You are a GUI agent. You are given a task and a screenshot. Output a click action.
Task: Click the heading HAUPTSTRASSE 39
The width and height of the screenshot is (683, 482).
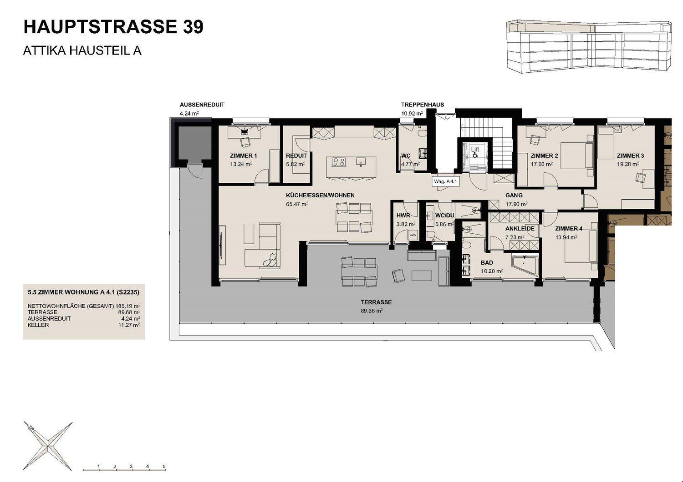pyautogui.click(x=113, y=27)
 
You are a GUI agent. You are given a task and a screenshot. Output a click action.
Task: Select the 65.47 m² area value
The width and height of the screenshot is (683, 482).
pyautogui.click(x=297, y=204)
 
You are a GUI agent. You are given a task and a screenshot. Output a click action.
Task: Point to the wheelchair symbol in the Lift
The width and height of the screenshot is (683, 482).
pyautogui.click(x=475, y=155)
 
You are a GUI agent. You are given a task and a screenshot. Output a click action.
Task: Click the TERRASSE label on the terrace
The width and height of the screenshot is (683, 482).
pyautogui.click(x=376, y=302)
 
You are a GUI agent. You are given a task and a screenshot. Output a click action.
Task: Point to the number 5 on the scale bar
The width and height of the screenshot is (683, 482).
pyautogui.click(x=164, y=467)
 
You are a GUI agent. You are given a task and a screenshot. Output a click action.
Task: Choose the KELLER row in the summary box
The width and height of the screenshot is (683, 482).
pyautogui.click(x=38, y=325)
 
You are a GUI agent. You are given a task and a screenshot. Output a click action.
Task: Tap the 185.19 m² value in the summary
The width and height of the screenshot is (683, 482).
pyautogui.click(x=128, y=306)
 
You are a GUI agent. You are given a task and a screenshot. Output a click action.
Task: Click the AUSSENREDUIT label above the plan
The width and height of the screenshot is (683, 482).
pyautogui.click(x=202, y=105)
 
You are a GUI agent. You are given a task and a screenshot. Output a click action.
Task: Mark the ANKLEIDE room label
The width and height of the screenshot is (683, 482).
pyautogui.click(x=520, y=228)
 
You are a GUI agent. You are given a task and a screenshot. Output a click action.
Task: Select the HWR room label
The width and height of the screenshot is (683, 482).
pyautogui.click(x=403, y=216)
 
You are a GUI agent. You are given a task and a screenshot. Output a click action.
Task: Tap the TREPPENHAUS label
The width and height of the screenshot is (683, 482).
pyautogui.click(x=422, y=105)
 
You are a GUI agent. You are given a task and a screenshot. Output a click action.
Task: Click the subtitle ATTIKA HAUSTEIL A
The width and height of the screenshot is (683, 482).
pyautogui.click(x=82, y=50)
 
